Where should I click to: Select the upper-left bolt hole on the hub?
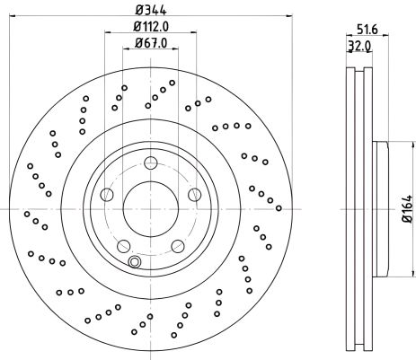pyautogui.click(x=108, y=194)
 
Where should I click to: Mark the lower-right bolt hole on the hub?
pyautogui.click(x=178, y=246)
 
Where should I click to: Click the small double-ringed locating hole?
pyautogui.click(x=135, y=261)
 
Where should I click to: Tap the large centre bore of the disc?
pyautogui.click(x=151, y=208)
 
